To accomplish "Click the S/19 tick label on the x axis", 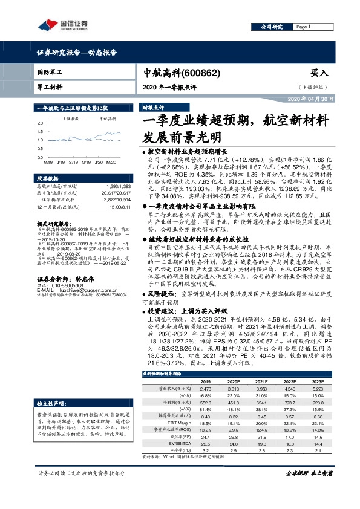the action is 73,163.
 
